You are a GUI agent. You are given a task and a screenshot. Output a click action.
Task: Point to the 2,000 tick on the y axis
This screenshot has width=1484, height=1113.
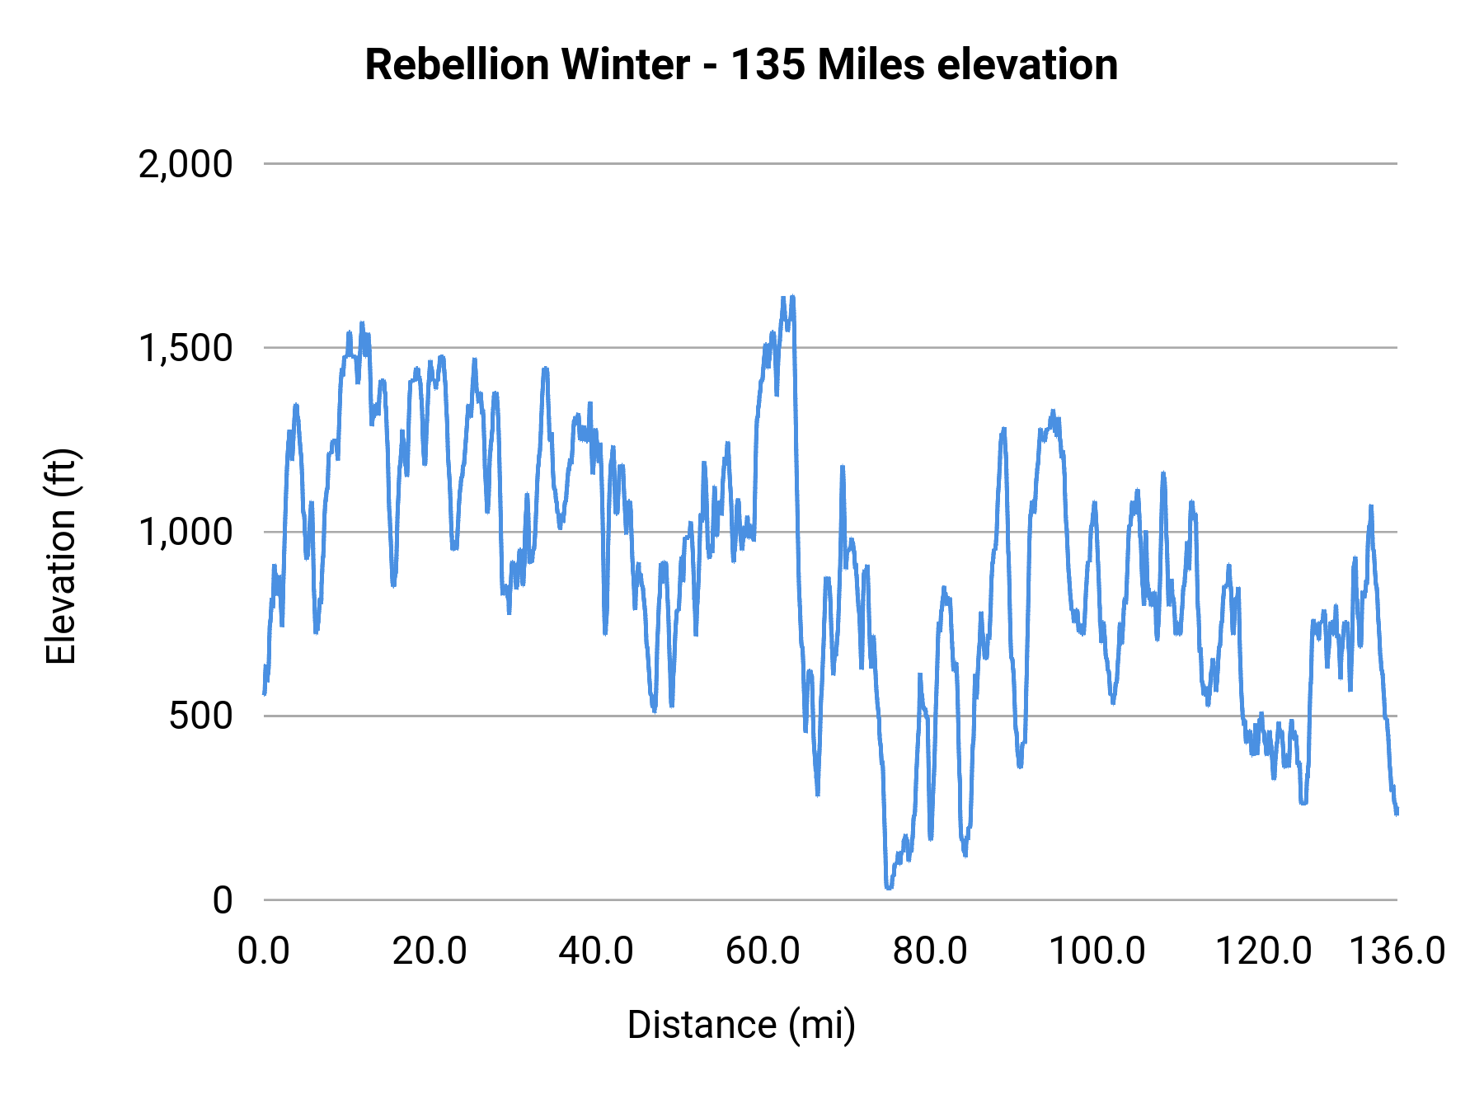pyautogui.click(x=185, y=164)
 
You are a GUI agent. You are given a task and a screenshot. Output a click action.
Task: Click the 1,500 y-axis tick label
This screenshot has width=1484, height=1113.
pyautogui.click(x=185, y=348)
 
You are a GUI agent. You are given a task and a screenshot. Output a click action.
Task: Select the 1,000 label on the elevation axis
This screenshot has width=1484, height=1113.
pyautogui.click(x=185, y=532)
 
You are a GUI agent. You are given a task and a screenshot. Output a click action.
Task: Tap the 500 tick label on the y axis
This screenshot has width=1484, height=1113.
pyautogui.click(x=201, y=716)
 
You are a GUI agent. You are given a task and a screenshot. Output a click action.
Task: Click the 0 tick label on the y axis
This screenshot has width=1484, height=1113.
pyautogui.click(x=223, y=900)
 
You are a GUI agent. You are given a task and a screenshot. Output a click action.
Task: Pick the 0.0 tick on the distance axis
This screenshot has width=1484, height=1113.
pyautogui.click(x=264, y=951)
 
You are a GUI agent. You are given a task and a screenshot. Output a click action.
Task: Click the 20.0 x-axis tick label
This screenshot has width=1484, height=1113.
pyautogui.click(x=430, y=951)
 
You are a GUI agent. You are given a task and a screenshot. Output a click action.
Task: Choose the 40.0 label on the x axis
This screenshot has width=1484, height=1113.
pyautogui.click(x=596, y=951)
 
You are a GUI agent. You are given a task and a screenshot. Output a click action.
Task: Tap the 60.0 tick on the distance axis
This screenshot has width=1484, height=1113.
pyautogui.click(x=763, y=951)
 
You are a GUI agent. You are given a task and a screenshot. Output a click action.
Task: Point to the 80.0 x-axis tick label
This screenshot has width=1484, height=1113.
pyautogui.click(x=930, y=951)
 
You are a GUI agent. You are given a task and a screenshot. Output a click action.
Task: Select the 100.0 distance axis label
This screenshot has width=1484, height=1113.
pyautogui.click(x=1097, y=951)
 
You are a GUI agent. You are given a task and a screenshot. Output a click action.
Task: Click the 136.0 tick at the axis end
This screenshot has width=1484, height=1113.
pyautogui.click(x=1397, y=951)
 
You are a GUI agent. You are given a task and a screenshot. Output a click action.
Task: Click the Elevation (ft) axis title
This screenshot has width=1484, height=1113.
pyautogui.click(x=61, y=556)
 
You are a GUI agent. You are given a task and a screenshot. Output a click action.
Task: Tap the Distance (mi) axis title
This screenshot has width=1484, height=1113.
pyautogui.click(x=741, y=1025)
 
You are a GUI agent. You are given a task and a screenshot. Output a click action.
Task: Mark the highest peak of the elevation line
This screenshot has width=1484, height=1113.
pyautogui.click(x=792, y=297)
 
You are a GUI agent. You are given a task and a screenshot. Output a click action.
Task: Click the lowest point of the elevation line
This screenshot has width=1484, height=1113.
pyautogui.click(x=889, y=887)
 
